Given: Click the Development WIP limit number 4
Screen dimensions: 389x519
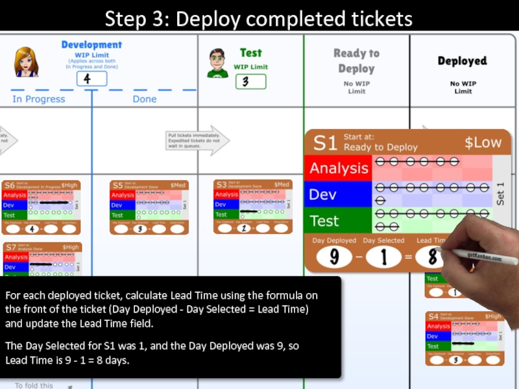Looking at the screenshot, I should [x=91, y=79].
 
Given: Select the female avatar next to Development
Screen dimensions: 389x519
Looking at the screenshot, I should [x=27, y=62].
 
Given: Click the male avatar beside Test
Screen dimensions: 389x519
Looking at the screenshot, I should [x=217, y=62].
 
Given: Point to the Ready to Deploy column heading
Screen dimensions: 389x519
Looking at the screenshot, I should [x=356, y=61].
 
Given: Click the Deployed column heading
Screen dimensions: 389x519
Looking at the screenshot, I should [x=462, y=61].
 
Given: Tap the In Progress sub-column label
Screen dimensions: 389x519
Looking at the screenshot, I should [x=39, y=99].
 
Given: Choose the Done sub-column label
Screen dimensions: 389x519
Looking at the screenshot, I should [x=144, y=99].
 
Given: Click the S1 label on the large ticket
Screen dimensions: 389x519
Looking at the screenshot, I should [x=324, y=143].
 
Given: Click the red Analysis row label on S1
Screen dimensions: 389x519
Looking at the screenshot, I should [x=338, y=168].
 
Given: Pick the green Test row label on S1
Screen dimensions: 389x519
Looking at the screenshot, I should [x=324, y=220].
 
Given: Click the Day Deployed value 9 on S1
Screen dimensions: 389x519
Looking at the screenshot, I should [x=335, y=257].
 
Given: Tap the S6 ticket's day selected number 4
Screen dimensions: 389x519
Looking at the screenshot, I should [x=30, y=229].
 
